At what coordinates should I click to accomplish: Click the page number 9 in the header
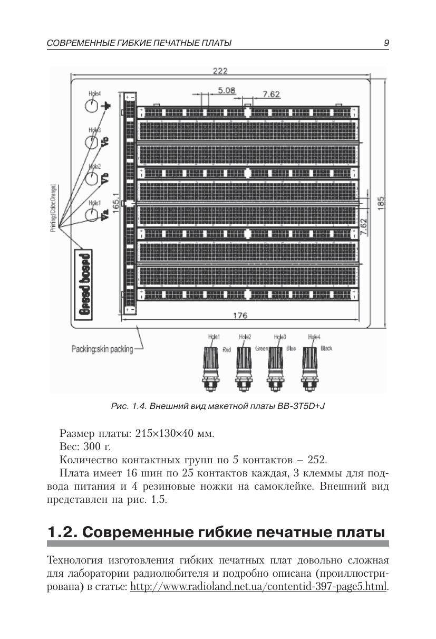[386, 43]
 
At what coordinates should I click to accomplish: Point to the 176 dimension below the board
[240, 316]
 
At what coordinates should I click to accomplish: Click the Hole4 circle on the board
[91, 106]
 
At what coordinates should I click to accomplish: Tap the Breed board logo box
[84, 283]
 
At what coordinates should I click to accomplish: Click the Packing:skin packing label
[102, 349]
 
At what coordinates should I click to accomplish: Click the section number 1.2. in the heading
[62, 532]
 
